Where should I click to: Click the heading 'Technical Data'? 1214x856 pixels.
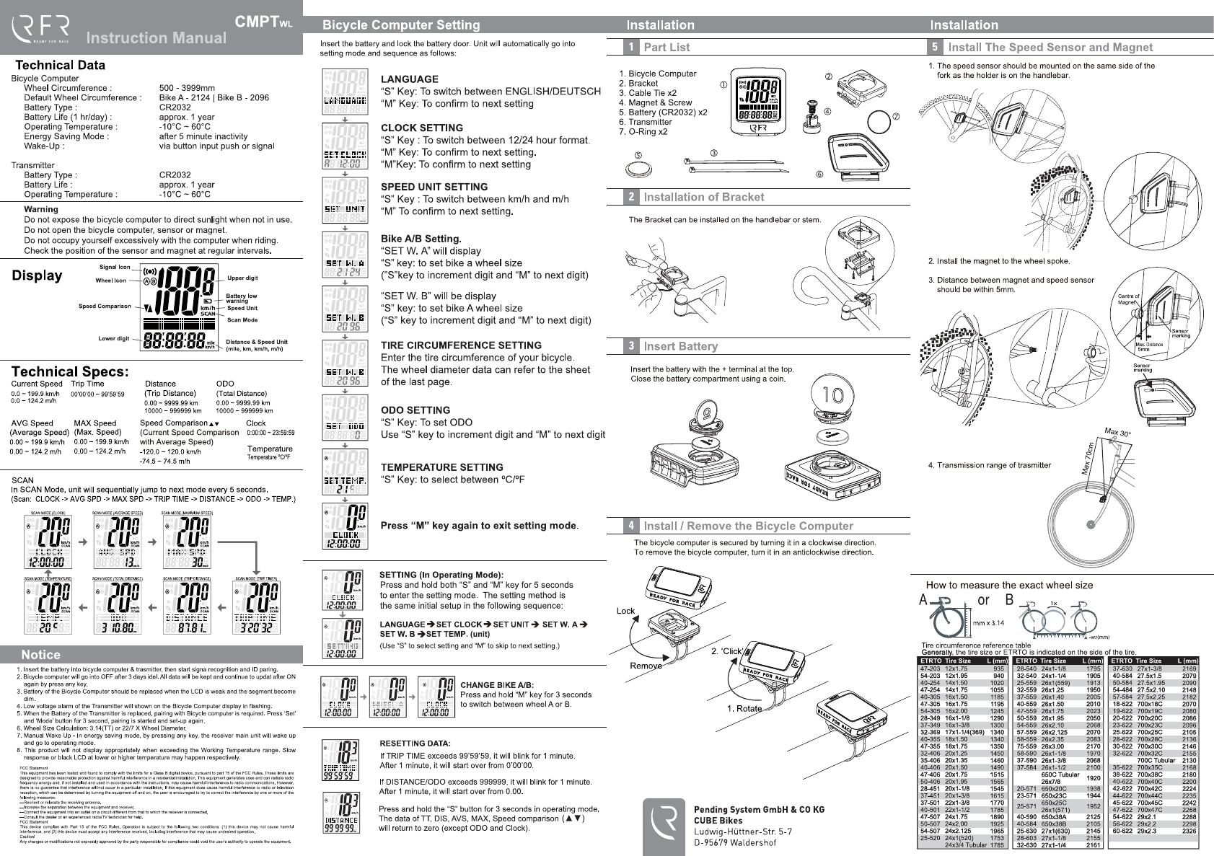(60, 65)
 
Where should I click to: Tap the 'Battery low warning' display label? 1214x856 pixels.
(241, 298)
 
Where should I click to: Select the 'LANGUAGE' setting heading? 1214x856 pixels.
(409, 79)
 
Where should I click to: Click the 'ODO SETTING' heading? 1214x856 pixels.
(415, 410)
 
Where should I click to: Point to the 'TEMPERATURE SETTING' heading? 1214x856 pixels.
(441, 467)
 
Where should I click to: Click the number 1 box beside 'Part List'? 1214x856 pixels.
(631, 47)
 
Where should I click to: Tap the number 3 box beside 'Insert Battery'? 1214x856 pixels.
(631, 346)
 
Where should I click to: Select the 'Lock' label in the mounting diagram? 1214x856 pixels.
(625, 611)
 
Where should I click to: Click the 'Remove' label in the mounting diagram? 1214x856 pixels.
(645, 666)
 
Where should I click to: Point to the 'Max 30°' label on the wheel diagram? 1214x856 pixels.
(1117, 433)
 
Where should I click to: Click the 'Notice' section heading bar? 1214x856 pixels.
(41, 655)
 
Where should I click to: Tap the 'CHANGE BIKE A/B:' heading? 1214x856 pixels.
(497, 685)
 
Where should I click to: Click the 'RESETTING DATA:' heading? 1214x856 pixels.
(415, 744)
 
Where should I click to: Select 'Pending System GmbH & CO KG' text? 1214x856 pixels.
(759, 810)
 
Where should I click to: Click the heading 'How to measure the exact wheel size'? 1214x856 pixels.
(1009, 585)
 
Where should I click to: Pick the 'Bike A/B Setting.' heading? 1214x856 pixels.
(421, 239)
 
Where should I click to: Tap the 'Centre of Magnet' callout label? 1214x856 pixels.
(1128, 299)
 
